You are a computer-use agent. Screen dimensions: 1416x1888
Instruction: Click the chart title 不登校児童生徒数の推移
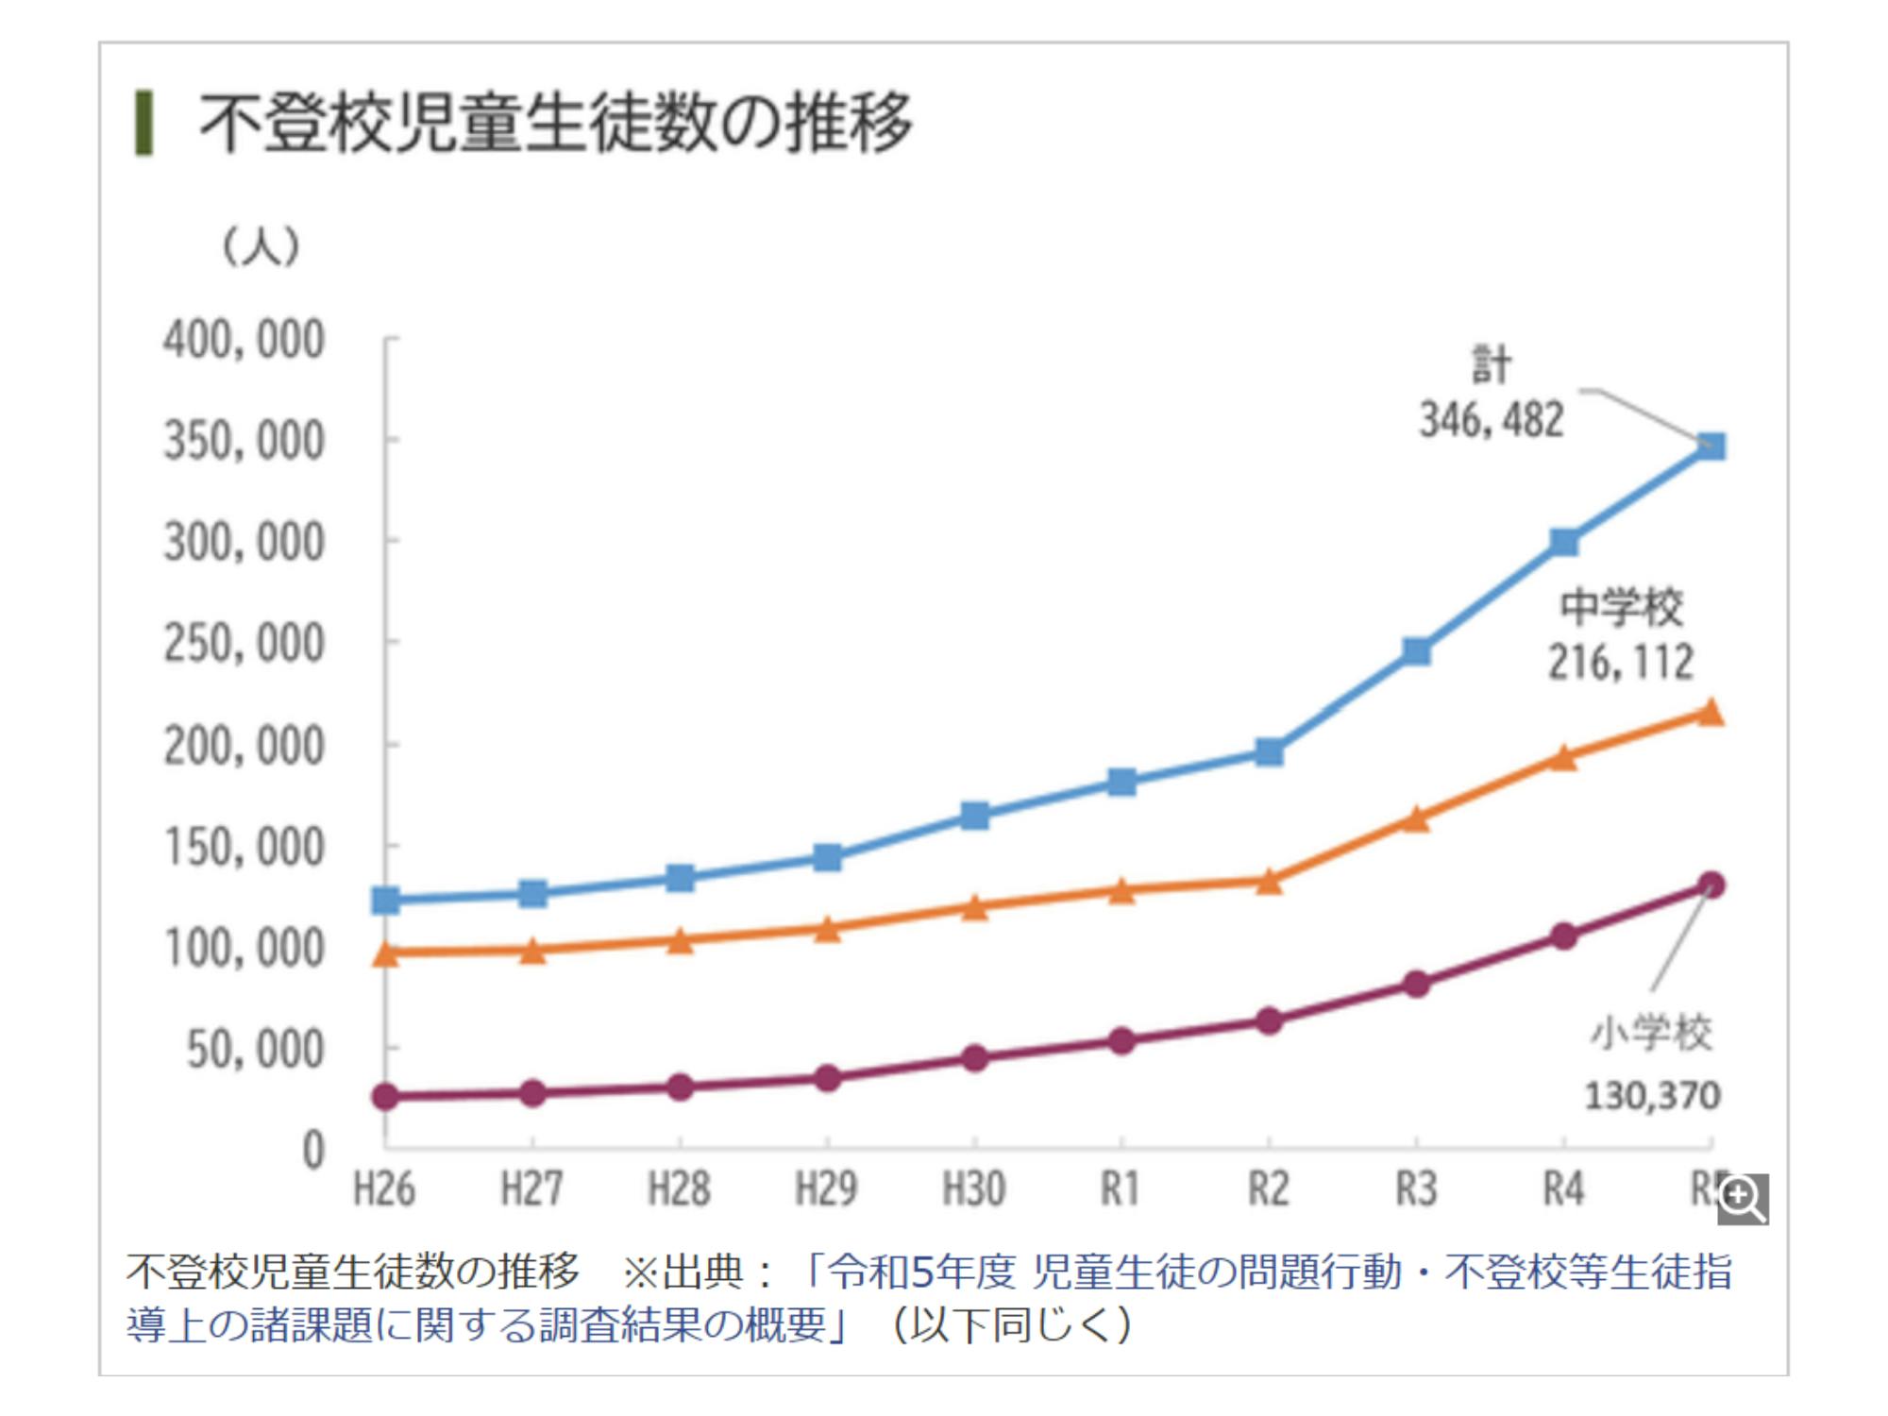(x=555, y=123)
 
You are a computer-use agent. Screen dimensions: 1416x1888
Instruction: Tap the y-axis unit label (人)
(x=261, y=247)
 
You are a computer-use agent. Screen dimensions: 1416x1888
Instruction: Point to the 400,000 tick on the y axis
(x=244, y=340)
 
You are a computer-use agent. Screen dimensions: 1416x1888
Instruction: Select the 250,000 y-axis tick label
(x=244, y=645)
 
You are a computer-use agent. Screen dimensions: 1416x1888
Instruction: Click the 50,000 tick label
(x=255, y=1050)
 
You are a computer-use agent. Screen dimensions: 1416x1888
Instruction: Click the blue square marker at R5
(x=1711, y=446)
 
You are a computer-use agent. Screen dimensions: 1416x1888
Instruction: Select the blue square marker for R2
(x=1269, y=752)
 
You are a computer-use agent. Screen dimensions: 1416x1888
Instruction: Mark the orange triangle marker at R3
(x=1416, y=819)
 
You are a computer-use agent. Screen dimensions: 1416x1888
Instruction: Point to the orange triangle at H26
(x=385, y=953)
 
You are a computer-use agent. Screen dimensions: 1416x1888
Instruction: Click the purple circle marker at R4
(x=1563, y=936)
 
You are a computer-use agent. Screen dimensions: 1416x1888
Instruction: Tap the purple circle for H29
(x=827, y=1078)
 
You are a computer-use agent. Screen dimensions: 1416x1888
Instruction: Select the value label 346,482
(x=1492, y=420)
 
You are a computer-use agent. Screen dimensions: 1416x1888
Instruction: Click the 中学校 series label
(x=1621, y=607)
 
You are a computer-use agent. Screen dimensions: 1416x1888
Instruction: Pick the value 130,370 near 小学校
(x=1652, y=1096)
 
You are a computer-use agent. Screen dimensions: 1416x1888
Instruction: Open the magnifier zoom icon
(x=1742, y=1199)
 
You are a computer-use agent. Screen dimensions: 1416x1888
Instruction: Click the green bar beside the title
(x=143, y=123)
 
